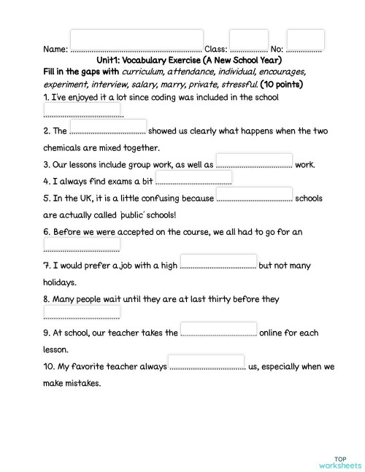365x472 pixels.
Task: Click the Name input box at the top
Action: pyautogui.click(x=137, y=41)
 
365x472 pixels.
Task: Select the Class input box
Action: pyautogui.click(x=248, y=41)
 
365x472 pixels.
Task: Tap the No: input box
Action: pyautogui.click(x=305, y=40)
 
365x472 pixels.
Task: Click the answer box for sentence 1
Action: pyautogui.click(x=82, y=109)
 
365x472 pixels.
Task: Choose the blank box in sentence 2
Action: pyautogui.click(x=109, y=127)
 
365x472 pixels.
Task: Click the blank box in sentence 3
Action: pyautogui.click(x=255, y=160)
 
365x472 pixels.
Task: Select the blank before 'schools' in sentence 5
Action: pyautogui.click(x=255, y=194)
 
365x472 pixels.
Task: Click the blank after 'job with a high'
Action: pyautogui.click(x=218, y=261)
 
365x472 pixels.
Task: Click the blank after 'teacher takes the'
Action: pyautogui.click(x=218, y=329)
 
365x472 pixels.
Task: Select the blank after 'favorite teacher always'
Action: pyautogui.click(x=207, y=363)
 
